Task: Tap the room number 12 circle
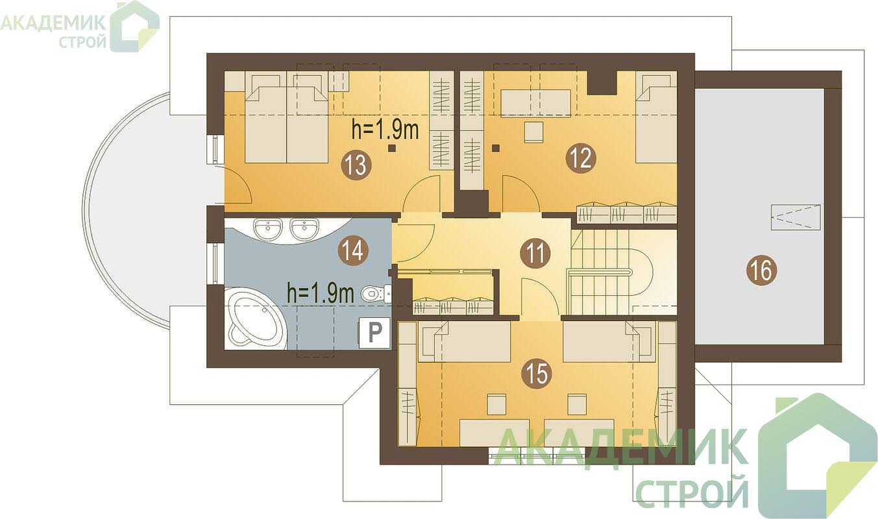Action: point(581,158)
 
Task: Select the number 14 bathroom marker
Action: point(353,250)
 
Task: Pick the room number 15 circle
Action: point(537,373)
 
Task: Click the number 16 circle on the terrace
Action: point(762,270)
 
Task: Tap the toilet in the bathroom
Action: point(376,293)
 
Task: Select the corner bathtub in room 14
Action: point(255,319)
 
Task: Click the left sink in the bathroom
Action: point(268,228)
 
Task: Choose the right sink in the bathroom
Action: point(304,228)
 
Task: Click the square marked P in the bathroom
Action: point(374,333)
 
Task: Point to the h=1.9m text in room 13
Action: point(385,130)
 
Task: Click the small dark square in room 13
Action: point(391,148)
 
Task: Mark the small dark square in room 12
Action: point(496,148)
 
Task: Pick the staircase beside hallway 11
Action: point(624,272)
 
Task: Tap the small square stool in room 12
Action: point(533,132)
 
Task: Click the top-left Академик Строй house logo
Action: point(134,27)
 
